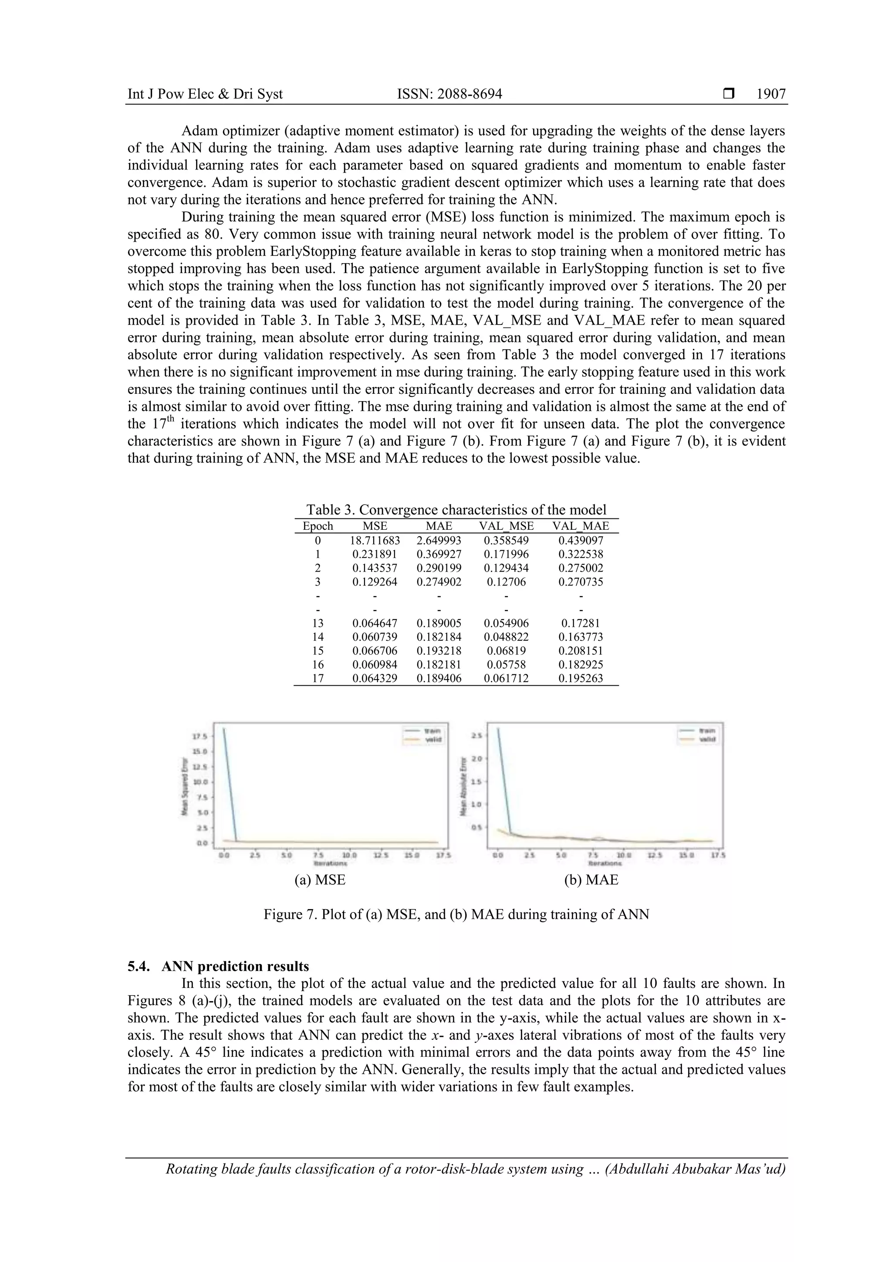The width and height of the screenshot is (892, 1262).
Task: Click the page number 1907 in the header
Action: click(x=770, y=94)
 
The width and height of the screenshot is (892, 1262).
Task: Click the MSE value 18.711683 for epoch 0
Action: click(x=375, y=541)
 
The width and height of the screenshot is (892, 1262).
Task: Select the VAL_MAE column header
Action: click(x=581, y=526)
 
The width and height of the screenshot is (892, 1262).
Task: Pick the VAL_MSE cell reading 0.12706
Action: click(x=506, y=582)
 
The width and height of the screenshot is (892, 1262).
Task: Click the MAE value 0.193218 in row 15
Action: click(x=439, y=651)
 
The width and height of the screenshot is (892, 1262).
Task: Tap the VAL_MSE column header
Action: click(x=506, y=526)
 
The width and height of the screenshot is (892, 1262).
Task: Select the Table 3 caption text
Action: click(x=456, y=510)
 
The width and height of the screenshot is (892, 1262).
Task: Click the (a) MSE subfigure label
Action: click(x=320, y=880)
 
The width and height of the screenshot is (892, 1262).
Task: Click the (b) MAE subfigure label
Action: click(x=591, y=880)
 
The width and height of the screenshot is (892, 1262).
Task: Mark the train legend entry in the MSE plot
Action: click(x=426, y=731)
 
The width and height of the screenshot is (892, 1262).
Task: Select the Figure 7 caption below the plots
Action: click(x=456, y=915)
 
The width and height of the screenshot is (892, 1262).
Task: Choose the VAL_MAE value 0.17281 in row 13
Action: click(x=581, y=623)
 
